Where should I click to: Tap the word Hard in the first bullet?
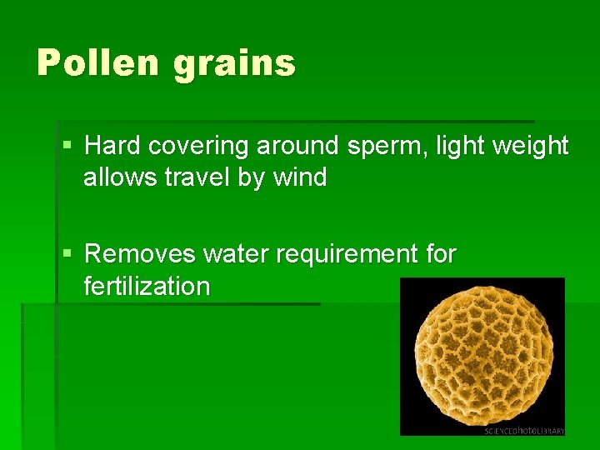(113, 146)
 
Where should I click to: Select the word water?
(234, 253)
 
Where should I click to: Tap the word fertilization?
(147, 286)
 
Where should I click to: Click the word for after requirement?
(438, 253)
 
